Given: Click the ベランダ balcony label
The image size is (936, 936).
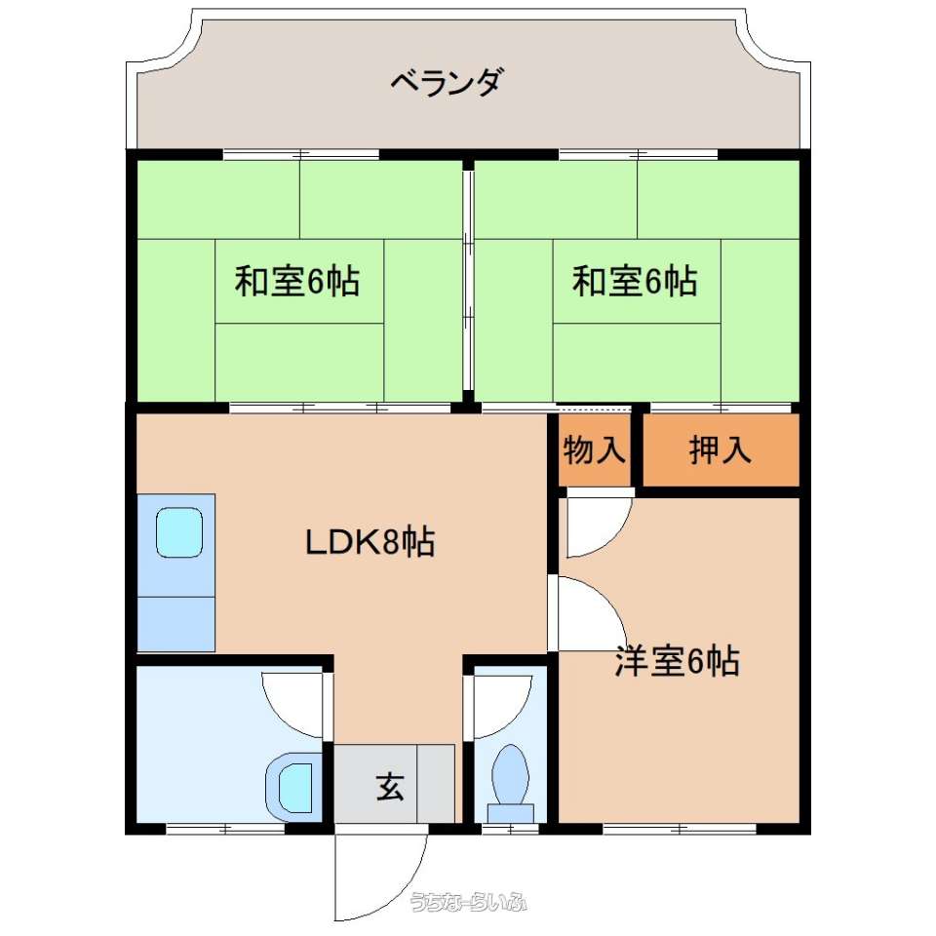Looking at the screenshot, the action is coord(447,82).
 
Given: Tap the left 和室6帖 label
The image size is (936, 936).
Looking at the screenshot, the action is coord(297,281).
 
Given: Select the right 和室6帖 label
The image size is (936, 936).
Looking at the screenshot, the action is coord(635,281).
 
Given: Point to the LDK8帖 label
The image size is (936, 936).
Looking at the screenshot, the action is coord(370,542).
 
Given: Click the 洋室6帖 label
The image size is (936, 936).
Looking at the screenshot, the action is coord(678,661).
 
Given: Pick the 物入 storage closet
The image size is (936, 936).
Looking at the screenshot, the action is coord(595,449).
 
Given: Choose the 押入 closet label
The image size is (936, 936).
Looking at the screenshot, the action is coord(720,449).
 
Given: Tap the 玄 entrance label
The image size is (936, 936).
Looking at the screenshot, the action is coord(390,786).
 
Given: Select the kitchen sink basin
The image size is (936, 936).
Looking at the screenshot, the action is coord(179,532).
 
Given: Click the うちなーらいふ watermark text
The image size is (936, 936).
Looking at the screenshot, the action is coord(469,902).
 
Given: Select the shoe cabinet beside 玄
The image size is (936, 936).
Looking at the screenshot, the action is coord(436,783).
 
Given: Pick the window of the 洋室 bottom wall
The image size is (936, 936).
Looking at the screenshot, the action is coord(680,829).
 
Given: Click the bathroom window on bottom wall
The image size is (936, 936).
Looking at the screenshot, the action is coord(225,829).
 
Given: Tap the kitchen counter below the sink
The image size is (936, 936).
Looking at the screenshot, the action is coord(176,623).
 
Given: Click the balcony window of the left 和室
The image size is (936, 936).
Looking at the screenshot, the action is coord(301,154).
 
